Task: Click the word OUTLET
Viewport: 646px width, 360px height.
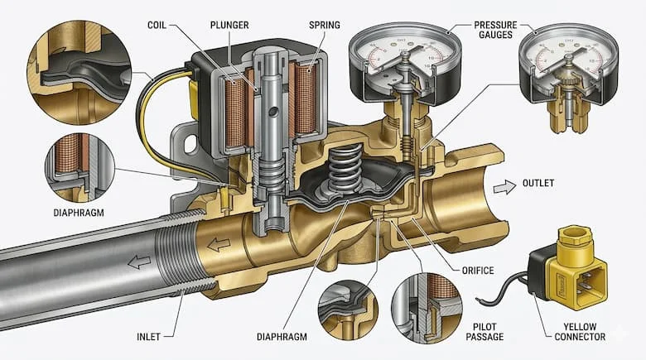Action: tap(541, 183)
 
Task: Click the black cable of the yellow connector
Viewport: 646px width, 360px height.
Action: tap(505, 290)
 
